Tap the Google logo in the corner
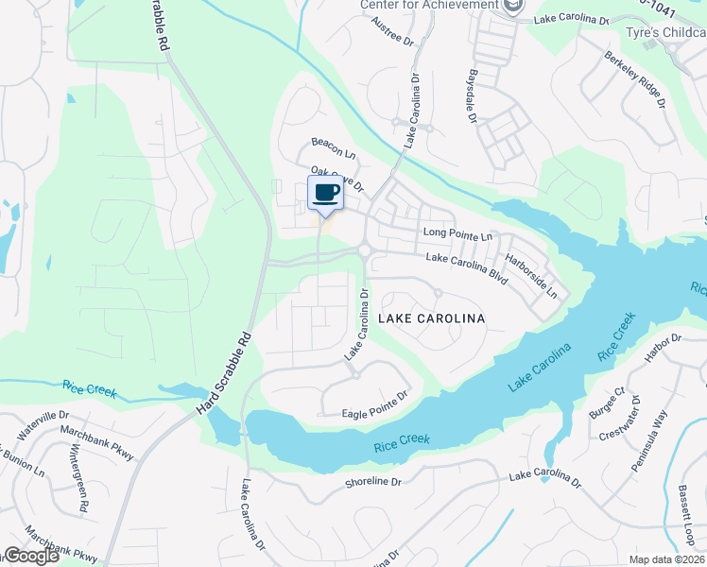(x=30, y=556)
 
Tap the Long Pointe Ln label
(x=458, y=233)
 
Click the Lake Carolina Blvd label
(x=467, y=269)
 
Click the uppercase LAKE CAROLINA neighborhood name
(x=431, y=318)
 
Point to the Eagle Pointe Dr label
(x=375, y=405)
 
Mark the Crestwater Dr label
(x=624, y=420)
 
